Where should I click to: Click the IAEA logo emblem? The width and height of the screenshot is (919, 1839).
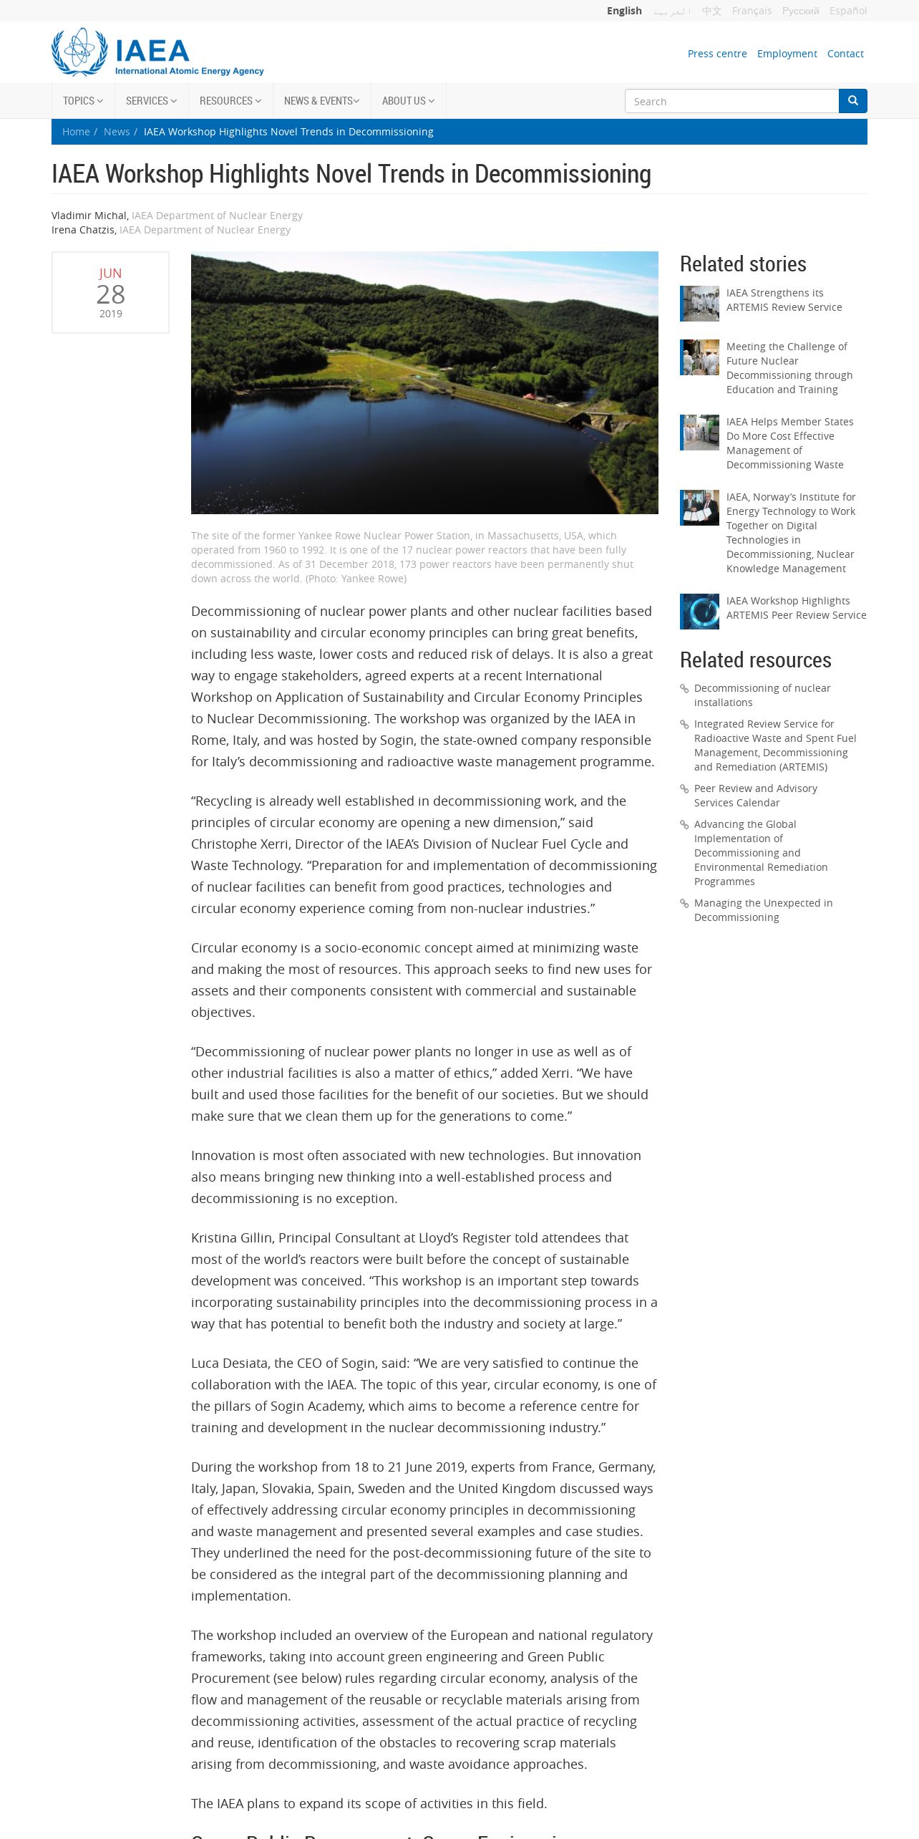79,52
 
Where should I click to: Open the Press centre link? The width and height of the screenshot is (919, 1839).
716,54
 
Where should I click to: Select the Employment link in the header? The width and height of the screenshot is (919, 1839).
787,54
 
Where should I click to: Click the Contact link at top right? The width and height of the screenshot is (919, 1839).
845,54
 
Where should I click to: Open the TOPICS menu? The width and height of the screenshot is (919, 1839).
83,101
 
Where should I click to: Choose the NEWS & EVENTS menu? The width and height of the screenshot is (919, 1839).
321,101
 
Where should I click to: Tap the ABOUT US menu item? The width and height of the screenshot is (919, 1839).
408,101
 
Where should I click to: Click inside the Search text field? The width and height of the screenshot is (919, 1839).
731,102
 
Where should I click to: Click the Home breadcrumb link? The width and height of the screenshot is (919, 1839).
76,132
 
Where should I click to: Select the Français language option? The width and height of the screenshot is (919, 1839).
752,11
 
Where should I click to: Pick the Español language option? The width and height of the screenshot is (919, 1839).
848,11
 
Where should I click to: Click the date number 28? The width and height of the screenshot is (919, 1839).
111,294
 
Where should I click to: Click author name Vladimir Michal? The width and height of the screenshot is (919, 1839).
89,216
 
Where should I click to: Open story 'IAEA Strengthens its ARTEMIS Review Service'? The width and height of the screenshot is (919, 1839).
784,300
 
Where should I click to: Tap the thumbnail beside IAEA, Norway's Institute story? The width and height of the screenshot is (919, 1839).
699,508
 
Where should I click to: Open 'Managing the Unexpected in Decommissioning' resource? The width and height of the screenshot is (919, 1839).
763,910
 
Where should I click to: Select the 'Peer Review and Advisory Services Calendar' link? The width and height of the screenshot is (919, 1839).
755,796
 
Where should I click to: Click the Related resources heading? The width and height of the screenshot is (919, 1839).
755,660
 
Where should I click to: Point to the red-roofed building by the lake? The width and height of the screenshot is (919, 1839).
530,395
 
